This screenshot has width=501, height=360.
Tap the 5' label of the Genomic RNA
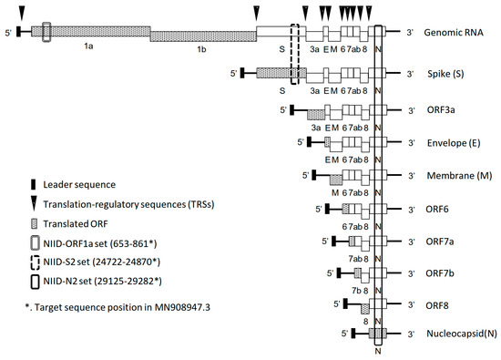click(x=8, y=32)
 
